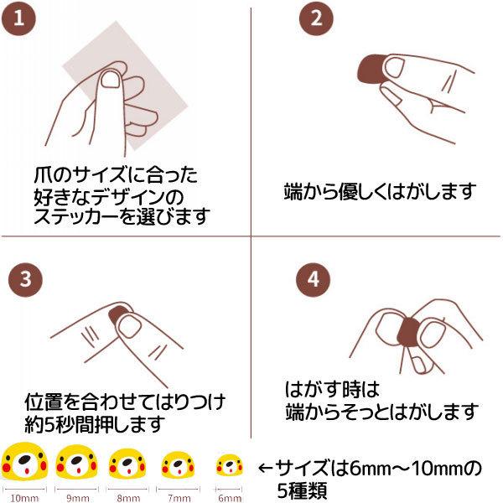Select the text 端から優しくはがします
click(380, 191)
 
